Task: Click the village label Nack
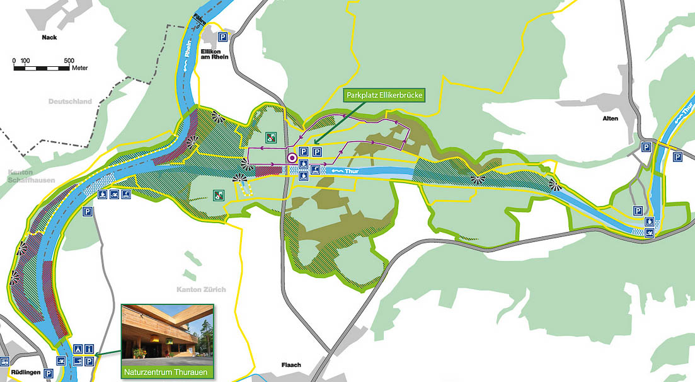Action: (x=49, y=37)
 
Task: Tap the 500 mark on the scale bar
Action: (x=69, y=61)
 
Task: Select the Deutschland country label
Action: (x=70, y=101)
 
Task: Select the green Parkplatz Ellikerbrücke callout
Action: (x=384, y=96)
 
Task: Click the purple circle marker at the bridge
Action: (x=292, y=158)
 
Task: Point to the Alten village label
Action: (x=609, y=119)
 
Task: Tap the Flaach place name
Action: (x=290, y=365)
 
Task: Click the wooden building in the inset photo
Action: (x=158, y=331)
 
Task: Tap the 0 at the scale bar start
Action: (x=14, y=61)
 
